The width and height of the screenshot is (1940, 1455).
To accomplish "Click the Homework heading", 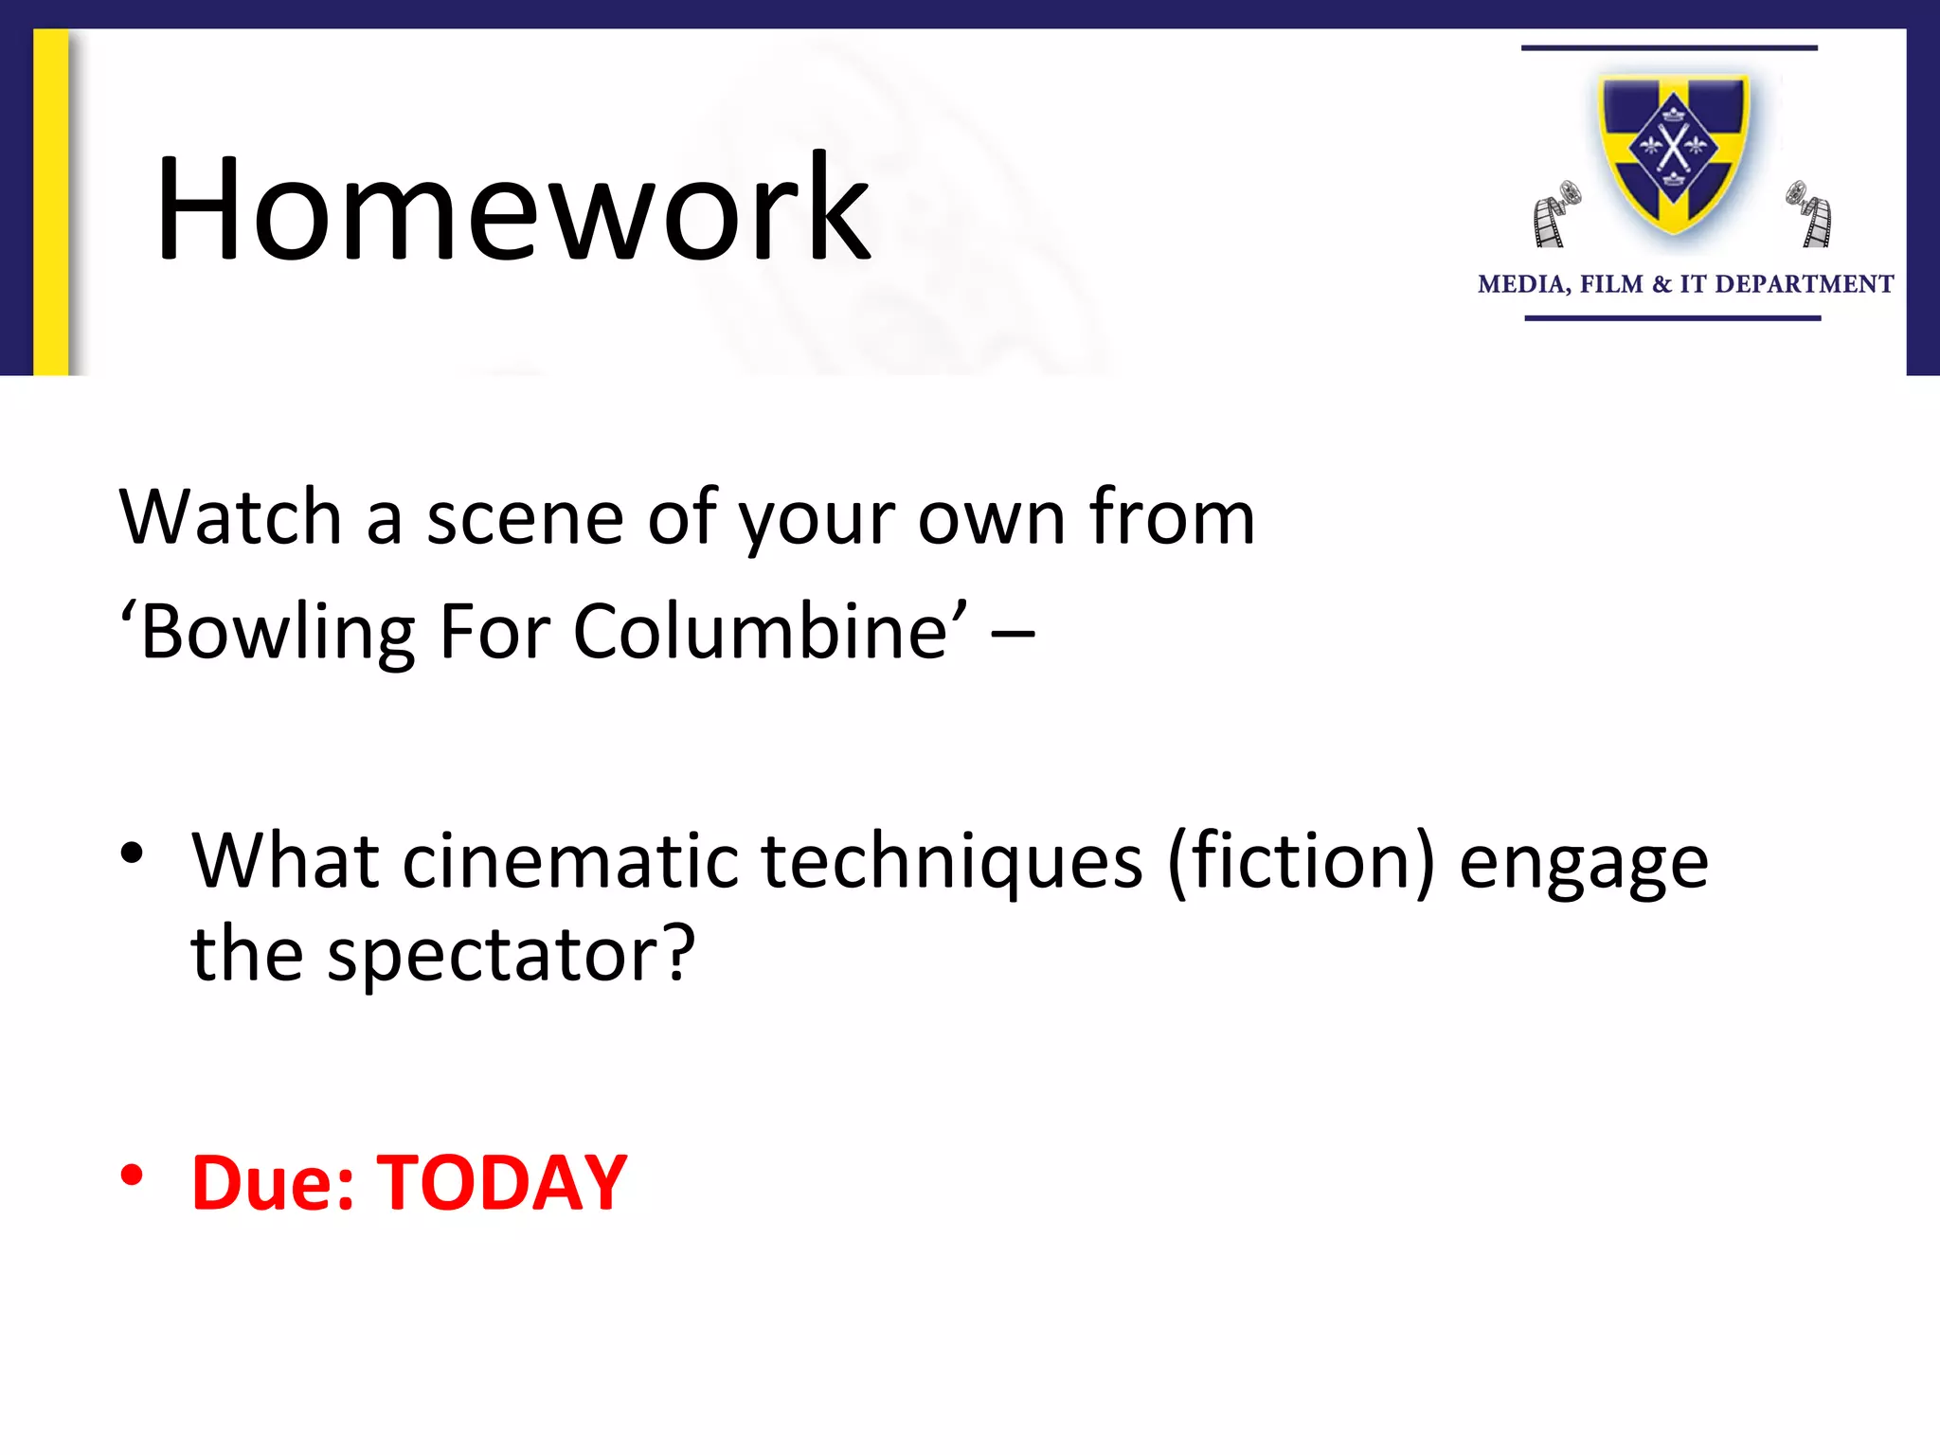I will [x=512, y=208].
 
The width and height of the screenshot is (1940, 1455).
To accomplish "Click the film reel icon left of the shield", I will [x=1555, y=213].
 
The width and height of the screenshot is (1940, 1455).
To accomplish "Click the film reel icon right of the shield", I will [x=1809, y=213].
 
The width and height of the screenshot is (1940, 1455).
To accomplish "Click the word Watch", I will [x=230, y=517].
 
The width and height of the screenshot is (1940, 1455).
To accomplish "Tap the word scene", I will [x=524, y=517].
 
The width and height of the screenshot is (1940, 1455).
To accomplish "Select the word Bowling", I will [x=278, y=632].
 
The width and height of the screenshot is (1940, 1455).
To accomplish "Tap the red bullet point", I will [x=132, y=1176].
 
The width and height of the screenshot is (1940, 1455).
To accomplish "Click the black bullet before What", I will [x=132, y=853].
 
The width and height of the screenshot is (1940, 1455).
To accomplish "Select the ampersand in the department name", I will [x=1662, y=284].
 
